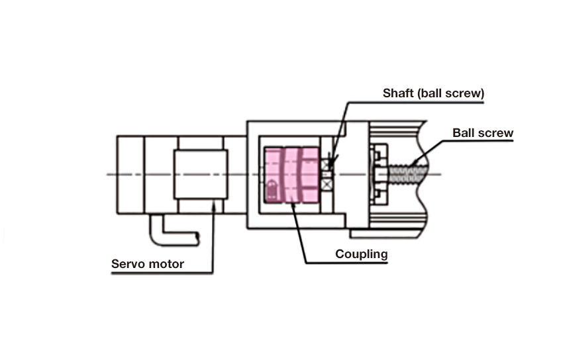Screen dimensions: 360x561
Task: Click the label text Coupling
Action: (361, 253)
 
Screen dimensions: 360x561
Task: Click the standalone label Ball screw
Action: (483, 133)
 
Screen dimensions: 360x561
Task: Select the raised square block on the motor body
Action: (201, 174)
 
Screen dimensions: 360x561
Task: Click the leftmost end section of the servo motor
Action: (130, 174)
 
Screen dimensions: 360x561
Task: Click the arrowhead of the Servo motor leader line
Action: (213, 208)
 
